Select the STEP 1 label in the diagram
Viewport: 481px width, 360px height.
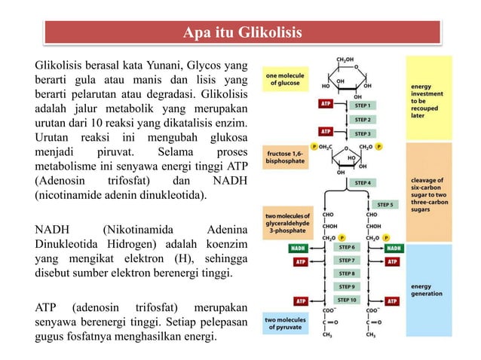(x=363, y=105)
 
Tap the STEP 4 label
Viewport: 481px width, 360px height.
(x=363, y=182)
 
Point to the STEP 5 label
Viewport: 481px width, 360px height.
(x=385, y=204)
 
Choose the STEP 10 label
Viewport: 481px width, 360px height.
(x=347, y=300)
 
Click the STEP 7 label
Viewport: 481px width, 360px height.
(x=347, y=261)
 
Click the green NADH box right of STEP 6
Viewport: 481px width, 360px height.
(x=394, y=247)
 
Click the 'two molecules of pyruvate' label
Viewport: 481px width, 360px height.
(x=283, y=324)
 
